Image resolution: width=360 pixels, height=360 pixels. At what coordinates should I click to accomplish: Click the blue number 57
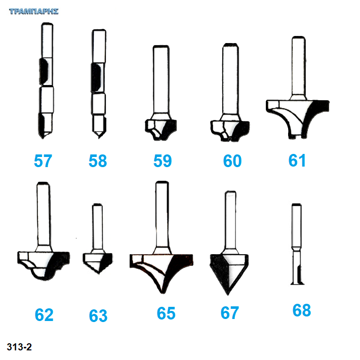tap(43, 161)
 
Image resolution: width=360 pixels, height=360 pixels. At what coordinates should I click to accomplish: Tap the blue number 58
tap(98, 161)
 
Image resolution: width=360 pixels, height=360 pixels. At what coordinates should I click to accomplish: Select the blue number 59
tap(163, 161)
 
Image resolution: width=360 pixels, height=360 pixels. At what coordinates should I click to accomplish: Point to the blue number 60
tap(232, 161)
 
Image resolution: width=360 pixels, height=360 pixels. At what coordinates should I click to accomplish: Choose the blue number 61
tap(297, 161)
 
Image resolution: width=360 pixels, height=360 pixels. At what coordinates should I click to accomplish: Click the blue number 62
tap(44, 315)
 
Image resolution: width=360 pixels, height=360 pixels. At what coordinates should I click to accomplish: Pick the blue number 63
tap(98, 316)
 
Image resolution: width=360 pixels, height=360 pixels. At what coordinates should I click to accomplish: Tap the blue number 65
tap(166, 313)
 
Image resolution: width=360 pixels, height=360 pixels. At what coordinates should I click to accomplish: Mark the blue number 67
tap(229, 313)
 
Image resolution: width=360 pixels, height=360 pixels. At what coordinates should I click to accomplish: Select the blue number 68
tap(302, 310)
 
